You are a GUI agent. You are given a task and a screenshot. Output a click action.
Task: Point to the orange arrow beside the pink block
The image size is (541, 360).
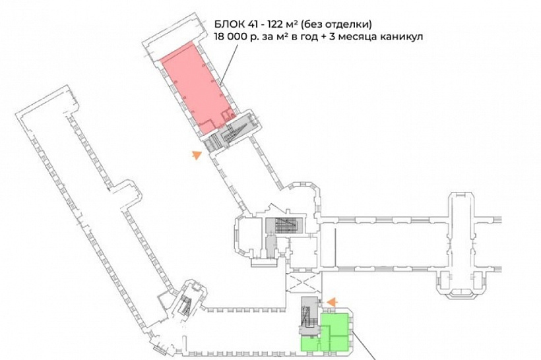pyautogui.click(x=196, y=156)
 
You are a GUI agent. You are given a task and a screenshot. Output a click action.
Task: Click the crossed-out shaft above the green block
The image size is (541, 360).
pyautogui.click(x=304, y=284)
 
